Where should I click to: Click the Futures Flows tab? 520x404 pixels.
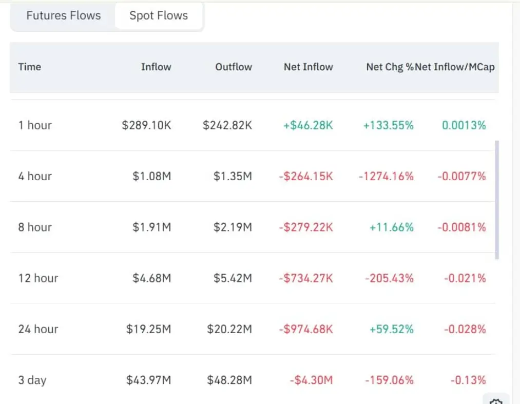(64, 16)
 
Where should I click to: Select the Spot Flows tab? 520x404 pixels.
(159, 16)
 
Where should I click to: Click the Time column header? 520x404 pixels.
(30, 67)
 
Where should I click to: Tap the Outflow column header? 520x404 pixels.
(234, 67)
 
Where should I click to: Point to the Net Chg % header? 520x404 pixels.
(389, 67)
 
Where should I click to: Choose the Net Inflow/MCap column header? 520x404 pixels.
(455, 67)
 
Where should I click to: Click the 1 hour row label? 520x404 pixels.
(35, 125)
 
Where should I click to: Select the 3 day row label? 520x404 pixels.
(32, 380)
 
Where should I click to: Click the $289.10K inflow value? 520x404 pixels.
(146, 125)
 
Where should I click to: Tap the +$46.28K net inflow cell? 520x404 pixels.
(308, 125)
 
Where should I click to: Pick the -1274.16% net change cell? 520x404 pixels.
(386, 176)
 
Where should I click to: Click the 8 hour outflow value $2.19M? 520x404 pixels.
(233, 227)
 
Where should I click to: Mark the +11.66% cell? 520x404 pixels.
(391, 227)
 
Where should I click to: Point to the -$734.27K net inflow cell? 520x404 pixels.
(306, 278)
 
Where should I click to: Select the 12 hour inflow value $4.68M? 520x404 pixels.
(151, 278)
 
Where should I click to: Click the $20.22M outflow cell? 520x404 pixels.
(229, 329)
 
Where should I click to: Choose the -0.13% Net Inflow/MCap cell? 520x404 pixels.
(468, 380)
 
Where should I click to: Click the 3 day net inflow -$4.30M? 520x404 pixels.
(311, 380)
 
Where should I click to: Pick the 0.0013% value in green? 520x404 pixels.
(464, 125)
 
